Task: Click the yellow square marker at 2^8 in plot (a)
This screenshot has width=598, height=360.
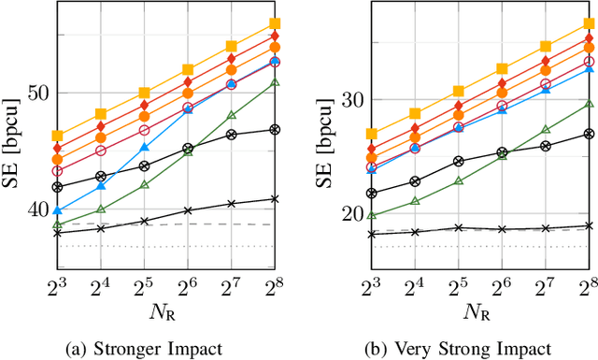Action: (x=275, y=23)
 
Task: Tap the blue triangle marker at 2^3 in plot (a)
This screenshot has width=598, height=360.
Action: (x=57, y=210)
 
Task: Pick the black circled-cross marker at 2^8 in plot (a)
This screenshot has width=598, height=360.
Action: (x=275, y=129)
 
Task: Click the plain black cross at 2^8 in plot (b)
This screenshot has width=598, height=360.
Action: (x=589, y=225)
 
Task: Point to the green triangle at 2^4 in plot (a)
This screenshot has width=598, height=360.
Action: (x=101, y=209)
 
